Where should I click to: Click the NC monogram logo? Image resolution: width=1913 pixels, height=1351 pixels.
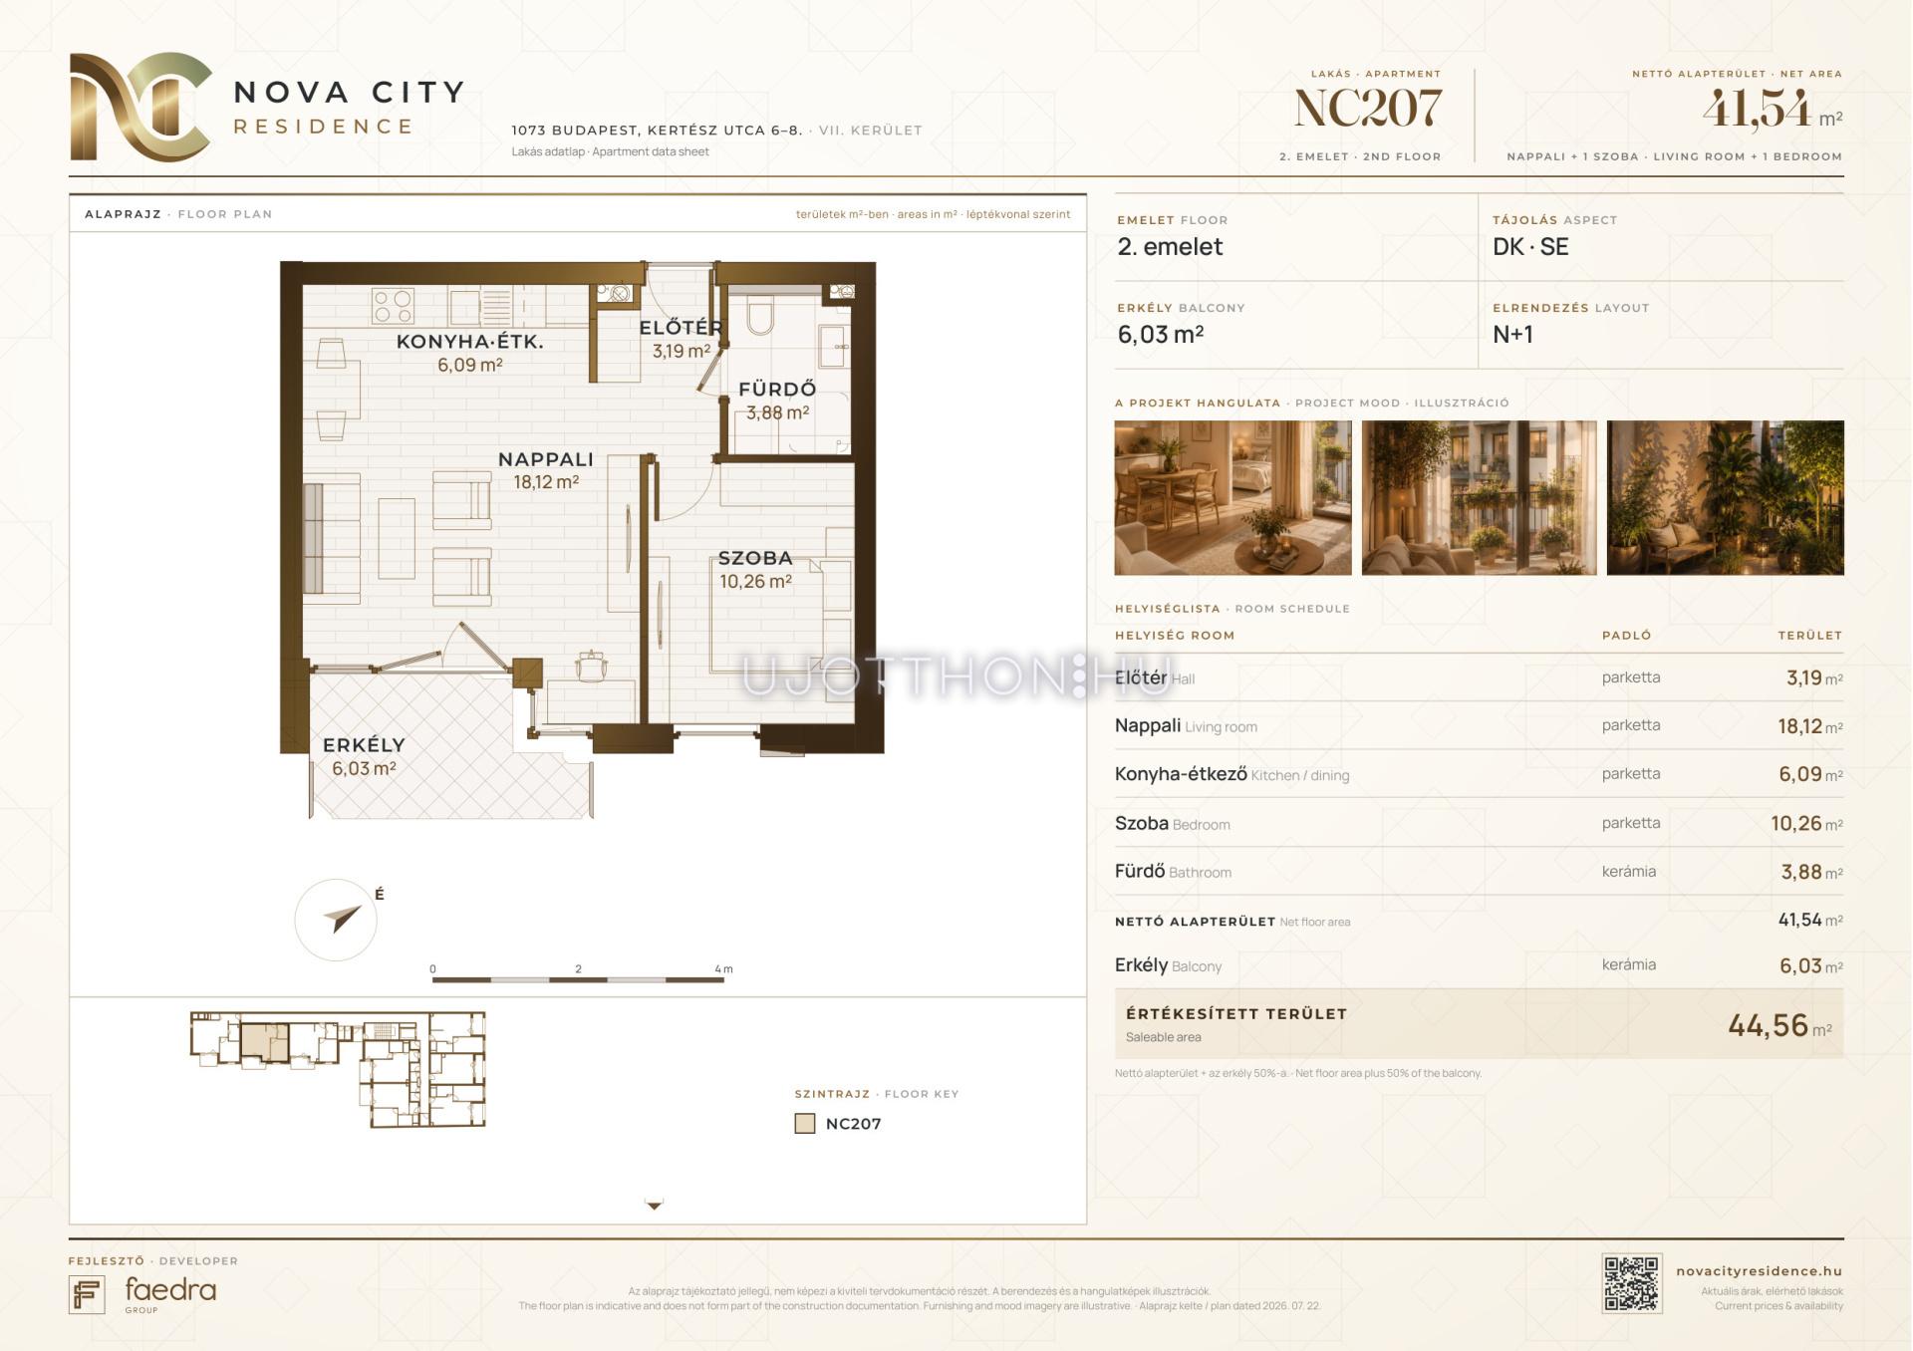[x=140, y=107]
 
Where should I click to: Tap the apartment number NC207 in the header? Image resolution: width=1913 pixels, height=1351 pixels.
[x=1367, y=109]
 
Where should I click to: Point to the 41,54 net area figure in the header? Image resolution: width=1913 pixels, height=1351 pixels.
[x=1757, y=109]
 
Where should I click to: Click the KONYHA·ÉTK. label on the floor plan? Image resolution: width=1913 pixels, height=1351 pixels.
[x=470, y=342]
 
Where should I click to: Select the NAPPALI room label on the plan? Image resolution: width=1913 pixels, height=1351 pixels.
[x=546, y=459]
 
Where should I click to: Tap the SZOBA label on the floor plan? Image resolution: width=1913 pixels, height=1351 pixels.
[x=755, y=558]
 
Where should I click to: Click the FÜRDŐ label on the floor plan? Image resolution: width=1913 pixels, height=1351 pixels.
[x=777, y=389]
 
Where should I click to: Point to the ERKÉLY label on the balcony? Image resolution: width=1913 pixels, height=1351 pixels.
[x=364, y=744]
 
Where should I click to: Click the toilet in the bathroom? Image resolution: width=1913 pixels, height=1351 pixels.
[x=759, y=314]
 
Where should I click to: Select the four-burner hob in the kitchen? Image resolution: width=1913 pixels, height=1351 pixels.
[x=393, y=306]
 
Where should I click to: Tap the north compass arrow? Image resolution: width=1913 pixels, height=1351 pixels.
[x=343, y=917]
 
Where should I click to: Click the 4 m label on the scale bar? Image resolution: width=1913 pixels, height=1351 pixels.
[x=724, y=968]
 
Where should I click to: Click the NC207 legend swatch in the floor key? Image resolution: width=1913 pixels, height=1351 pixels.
[x=805, y=1124]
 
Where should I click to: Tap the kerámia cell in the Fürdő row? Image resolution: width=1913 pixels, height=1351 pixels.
[x=1629, y=872]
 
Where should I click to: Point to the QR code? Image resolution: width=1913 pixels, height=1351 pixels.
[x=1632, y=1283]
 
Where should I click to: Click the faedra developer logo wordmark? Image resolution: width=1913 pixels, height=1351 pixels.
[x=170, y=1291]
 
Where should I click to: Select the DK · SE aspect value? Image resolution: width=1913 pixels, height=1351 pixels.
[x=1530, y=247]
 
